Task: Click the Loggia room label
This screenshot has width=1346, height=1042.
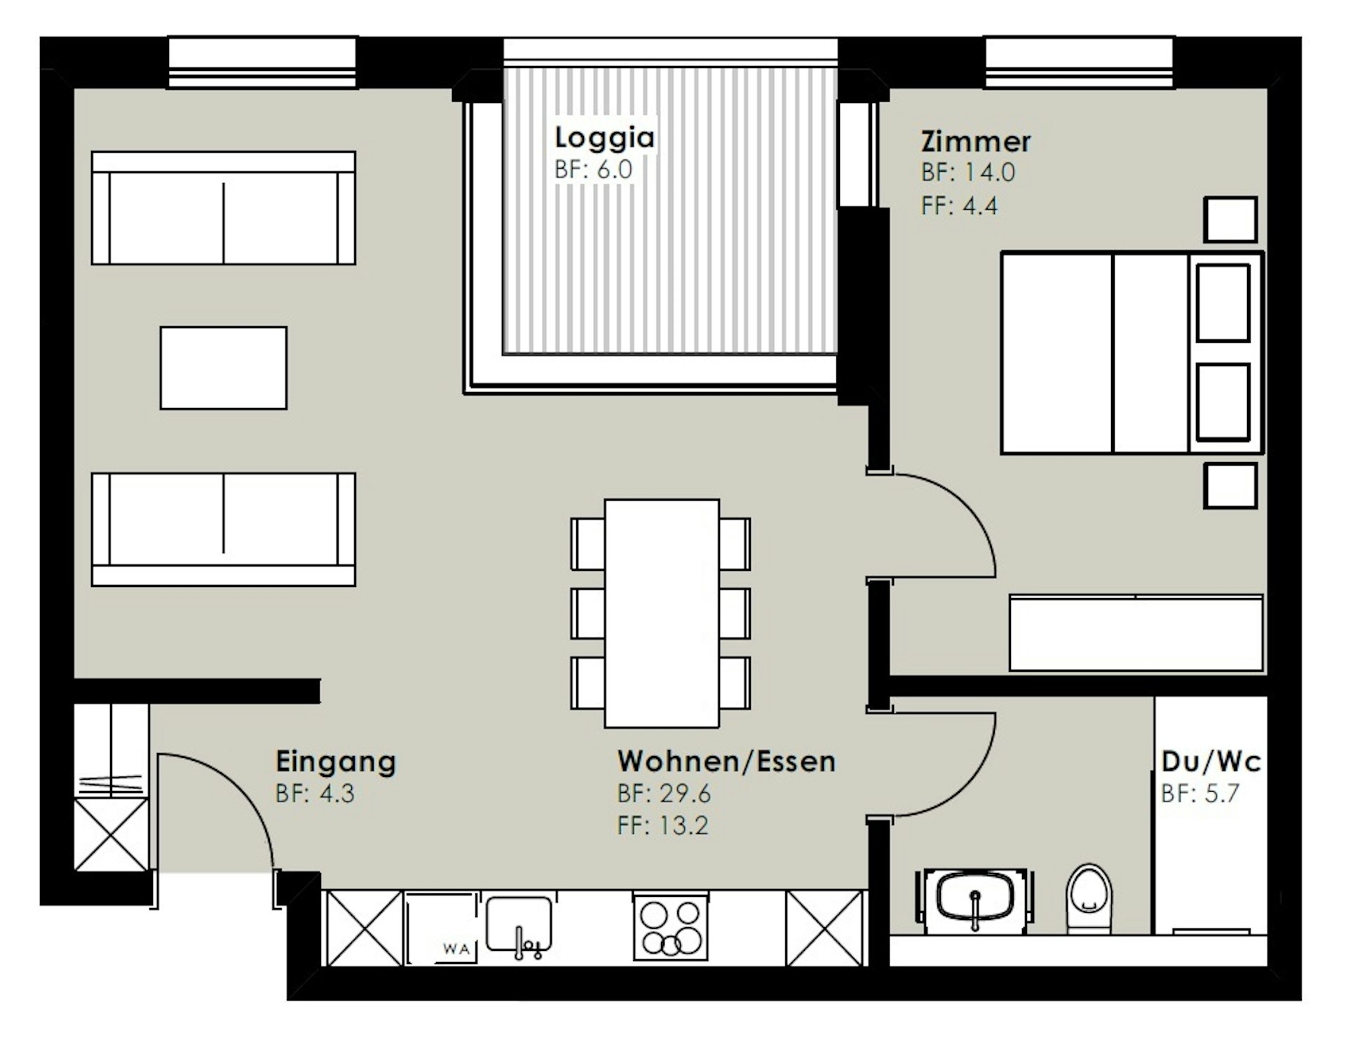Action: [604, 137]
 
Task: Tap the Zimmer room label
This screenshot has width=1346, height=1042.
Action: [975, 142]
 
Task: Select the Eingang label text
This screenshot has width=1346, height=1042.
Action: [336, 762]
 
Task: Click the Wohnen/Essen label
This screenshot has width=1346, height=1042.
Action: [726, 762]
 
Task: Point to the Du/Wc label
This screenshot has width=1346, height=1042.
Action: [1211, 762]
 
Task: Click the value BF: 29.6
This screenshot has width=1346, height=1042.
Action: [664, 794]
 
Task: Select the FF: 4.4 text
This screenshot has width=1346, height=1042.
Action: [959, 206]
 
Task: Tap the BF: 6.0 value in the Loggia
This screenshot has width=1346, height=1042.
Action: [593, 170]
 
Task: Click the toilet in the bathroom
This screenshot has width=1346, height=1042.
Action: [1089, 898]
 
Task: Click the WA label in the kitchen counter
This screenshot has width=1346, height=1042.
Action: [456, 949]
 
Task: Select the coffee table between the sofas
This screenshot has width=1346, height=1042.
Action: [224, 368]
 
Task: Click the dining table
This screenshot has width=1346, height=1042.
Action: [662, 614]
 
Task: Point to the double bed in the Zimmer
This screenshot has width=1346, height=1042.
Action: [1132, 353]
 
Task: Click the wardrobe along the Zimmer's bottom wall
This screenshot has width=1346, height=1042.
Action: [1136, 633]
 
